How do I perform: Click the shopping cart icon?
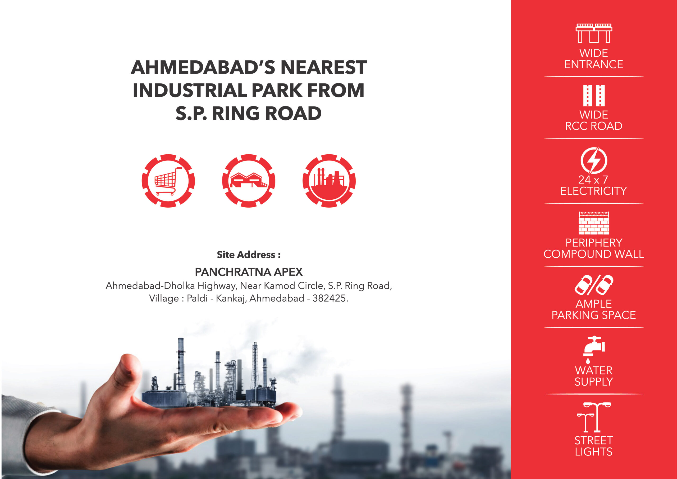pos(168,181)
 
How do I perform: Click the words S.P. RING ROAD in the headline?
pos(249,113)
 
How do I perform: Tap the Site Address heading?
pos(249,254)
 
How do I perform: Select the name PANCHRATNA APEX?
pos(249,272)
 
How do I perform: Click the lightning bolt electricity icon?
pos(594,160)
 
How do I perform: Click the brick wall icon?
pos(594,223)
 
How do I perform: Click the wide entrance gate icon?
pos(594,33)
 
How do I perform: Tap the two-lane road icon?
pos(594,95)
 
